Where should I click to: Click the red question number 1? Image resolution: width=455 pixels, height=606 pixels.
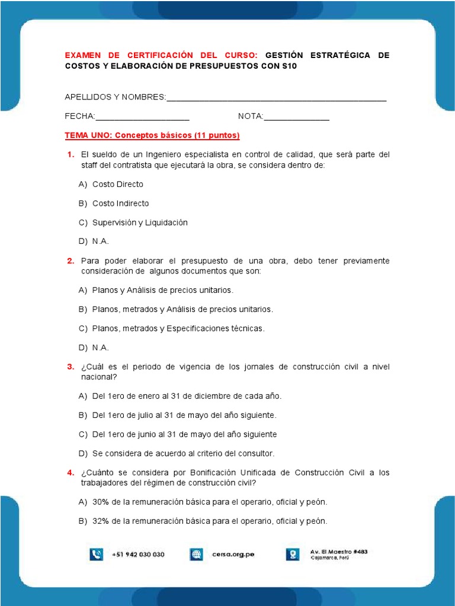coord(70,155)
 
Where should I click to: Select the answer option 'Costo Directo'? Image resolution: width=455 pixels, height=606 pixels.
coord(117,184)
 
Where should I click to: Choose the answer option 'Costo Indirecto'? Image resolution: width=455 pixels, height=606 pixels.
coord(120,204)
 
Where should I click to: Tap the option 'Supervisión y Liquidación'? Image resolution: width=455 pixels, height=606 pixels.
coord(140,223)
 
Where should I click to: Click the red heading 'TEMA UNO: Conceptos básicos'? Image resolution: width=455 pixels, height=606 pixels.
coord(152,136)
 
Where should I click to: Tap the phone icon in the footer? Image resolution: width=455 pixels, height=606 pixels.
coord(97,555)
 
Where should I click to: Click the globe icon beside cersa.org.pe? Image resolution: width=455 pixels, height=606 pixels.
coord(196,555)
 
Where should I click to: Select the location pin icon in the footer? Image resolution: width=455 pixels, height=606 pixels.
coord(293,555)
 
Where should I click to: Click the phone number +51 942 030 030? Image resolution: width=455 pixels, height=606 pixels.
coord(138,555)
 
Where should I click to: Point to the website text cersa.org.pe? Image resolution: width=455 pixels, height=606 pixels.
coord(233,555)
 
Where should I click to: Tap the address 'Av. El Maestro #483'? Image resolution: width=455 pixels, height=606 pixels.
coord(339,551)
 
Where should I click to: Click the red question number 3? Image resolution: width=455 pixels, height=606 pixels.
coord(70,367)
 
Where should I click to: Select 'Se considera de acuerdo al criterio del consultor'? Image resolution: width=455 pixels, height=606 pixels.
coord(183,453)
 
